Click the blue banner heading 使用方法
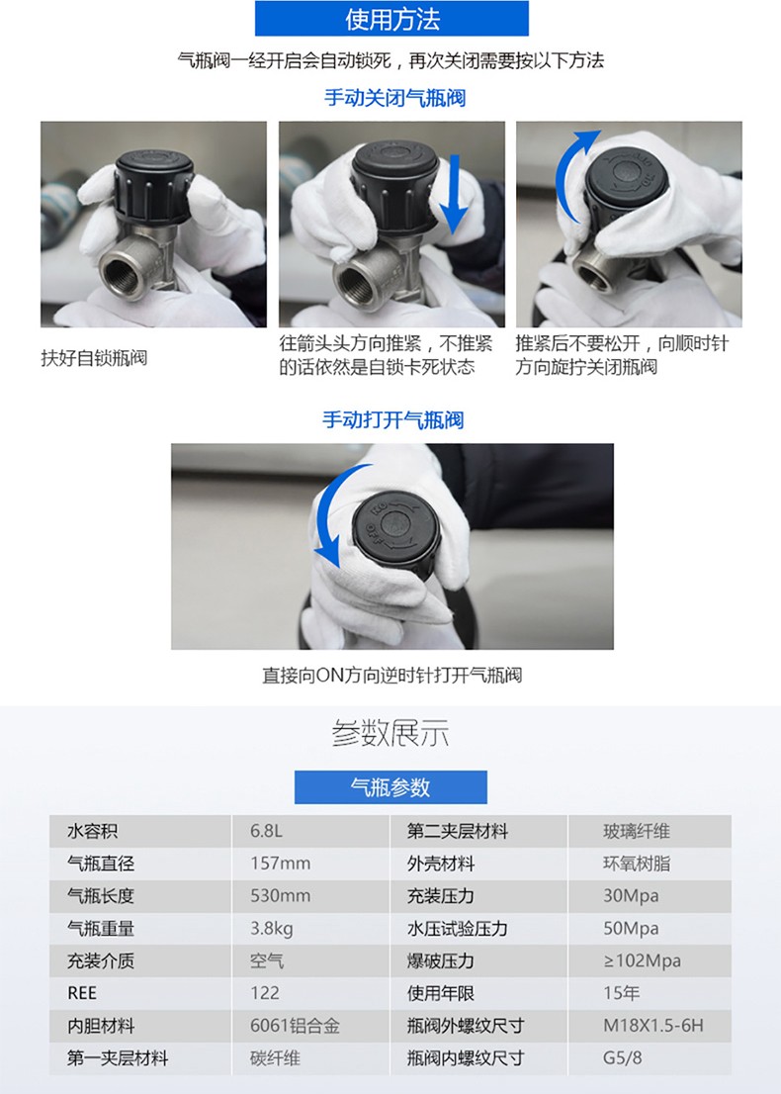[x=391, y=20]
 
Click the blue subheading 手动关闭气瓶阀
[x=394, y=98]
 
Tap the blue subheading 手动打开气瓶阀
[x=392, y=419]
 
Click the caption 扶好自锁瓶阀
[x=94, y=358]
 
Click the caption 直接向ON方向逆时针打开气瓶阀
[x=391, y=676]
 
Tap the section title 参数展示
[x=390, y=735]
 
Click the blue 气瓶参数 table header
[x=390, y=787]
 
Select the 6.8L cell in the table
[x=266, y=832]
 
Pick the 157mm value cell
[x=280, y=864]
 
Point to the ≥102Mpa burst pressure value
[x=642, y=960]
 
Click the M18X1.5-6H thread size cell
[x=653, y=1026]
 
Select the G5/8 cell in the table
[x=623, y=1058]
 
